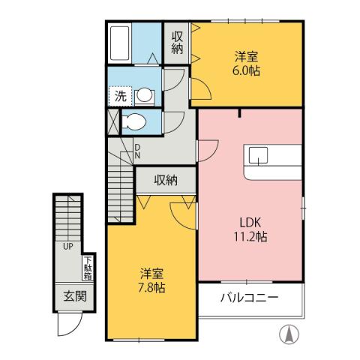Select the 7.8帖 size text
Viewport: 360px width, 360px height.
point(151,288)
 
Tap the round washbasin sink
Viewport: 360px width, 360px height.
point(143,95)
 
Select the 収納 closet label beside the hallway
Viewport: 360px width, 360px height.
point(166,179)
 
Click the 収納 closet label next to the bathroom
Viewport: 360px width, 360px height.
point(177,43)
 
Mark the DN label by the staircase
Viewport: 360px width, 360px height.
point(138,151)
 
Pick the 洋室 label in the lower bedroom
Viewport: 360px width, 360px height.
point(151,273)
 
